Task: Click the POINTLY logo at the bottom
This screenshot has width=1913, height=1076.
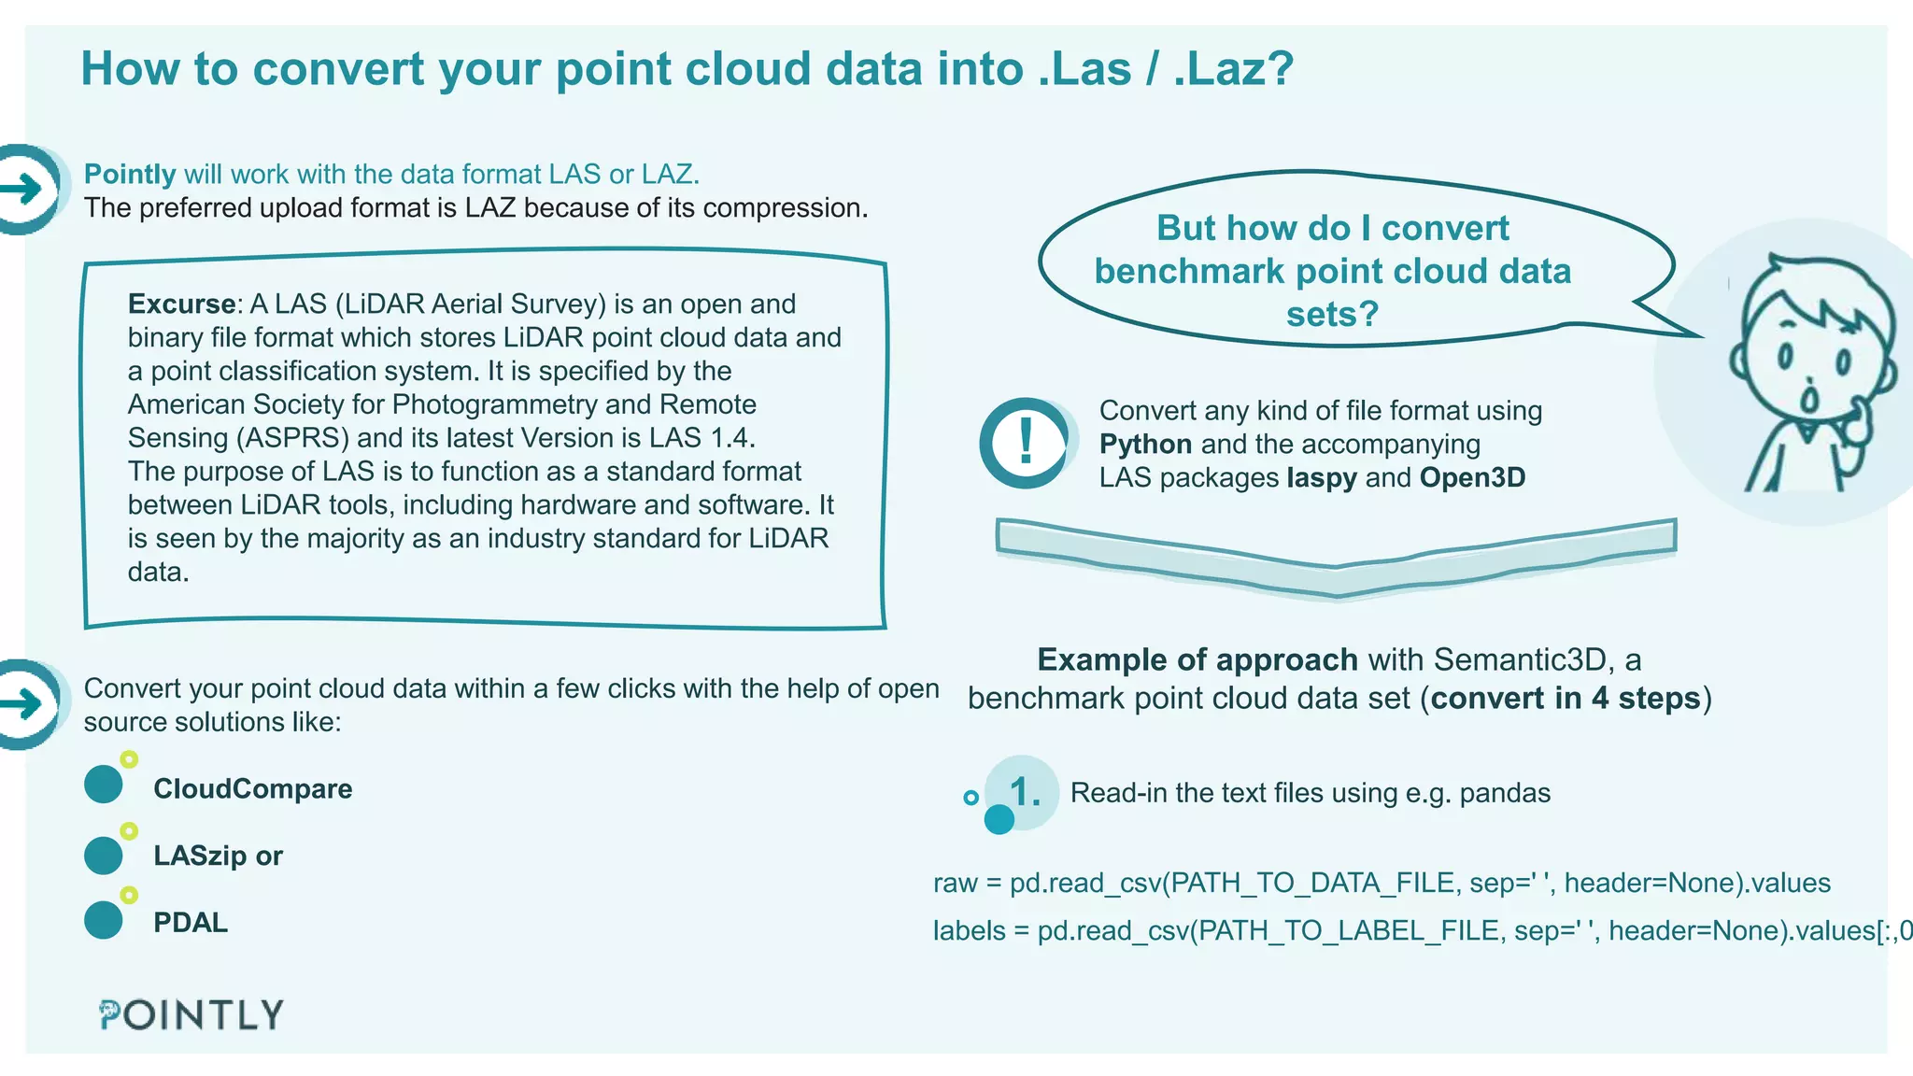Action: click(x=191, y=1014)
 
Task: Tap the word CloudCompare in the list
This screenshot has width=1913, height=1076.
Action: click(x=252, y=789)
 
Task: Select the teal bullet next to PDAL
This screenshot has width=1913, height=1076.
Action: click(x=104, y=920)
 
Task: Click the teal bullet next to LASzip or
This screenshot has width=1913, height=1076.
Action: click(x=104, y=855)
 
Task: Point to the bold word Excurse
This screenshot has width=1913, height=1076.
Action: click(x=181, y=304)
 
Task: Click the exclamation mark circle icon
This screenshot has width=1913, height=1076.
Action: click(x=1026, y=443)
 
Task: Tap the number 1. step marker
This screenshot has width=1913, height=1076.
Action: click(x=1024, y=793)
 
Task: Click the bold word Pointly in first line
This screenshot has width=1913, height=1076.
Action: click(x=130, y=175)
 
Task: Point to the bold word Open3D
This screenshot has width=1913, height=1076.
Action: click(x=1472, y=478)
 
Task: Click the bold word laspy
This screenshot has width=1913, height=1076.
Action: click(x=1322, y=478)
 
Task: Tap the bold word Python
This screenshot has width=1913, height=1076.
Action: click(x=1145, y=445)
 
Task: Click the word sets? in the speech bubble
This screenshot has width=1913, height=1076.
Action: click(x=1332, y=314)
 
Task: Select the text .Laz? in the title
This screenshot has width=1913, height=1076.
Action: click(x=1233, y=69)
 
